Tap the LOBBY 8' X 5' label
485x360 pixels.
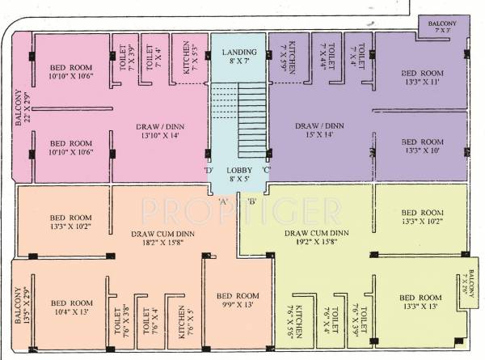click(239, 176)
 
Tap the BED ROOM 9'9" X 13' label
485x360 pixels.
click(237, 300)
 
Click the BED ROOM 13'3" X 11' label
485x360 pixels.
click(423, 77)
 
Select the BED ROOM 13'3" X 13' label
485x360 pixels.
click(421, 302)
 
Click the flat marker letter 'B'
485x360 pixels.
click(252, 200)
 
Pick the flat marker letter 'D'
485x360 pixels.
click(209, 169)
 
